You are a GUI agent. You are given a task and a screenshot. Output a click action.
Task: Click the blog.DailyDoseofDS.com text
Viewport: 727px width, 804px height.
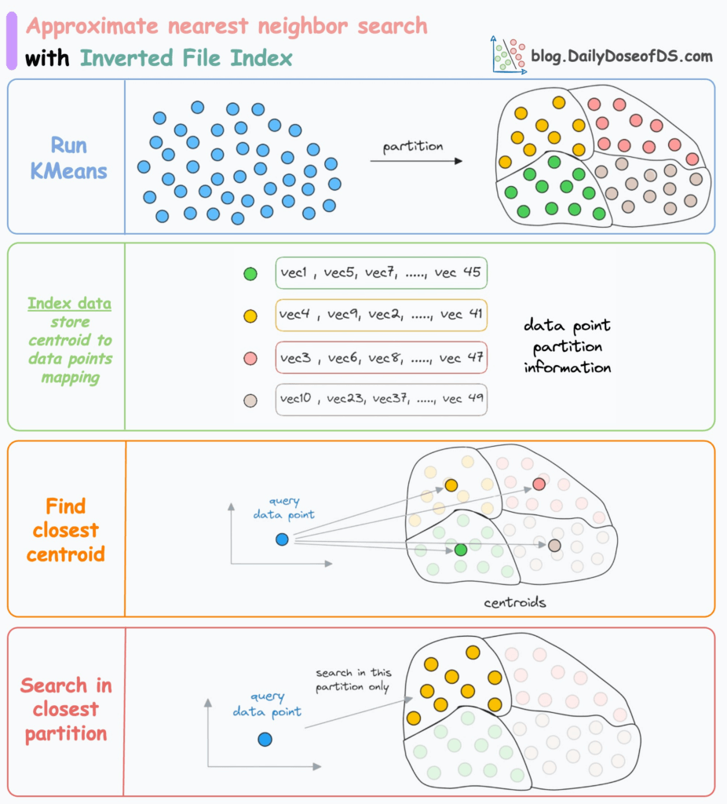(x=622, y=56)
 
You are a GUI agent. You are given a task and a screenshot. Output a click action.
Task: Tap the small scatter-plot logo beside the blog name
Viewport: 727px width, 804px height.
(x=507, y=54)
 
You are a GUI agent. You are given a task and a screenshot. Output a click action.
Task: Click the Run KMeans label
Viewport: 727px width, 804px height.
(x=68, y=157)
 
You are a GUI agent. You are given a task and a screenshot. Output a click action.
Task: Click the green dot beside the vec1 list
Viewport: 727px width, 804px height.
(x=250, y=274)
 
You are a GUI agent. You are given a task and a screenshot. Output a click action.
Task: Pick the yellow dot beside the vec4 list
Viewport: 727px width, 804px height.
(x=250, y=316)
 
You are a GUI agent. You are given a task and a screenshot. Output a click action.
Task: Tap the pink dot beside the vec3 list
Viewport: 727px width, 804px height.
(x=250, y=358)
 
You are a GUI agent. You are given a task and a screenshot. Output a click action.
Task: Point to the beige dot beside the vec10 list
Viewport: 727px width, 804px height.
(x=250, y=400)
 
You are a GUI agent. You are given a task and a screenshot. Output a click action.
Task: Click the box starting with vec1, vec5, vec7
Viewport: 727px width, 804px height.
(x=381, y=274)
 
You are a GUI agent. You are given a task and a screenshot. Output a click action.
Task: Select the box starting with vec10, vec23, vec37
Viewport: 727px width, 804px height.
(x=381, y=400)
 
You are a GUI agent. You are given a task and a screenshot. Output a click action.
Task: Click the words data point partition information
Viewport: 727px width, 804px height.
(x=567, y=345)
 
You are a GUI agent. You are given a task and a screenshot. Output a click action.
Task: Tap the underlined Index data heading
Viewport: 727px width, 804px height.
(x=69, y=303)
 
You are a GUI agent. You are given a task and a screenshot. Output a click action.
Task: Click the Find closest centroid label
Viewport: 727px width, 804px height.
(x=66, y=530)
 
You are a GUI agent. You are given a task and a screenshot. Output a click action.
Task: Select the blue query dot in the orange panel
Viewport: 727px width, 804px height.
(x=282, y=539)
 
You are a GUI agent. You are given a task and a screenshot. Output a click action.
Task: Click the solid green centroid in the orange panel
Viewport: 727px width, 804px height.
(x=461, y=550)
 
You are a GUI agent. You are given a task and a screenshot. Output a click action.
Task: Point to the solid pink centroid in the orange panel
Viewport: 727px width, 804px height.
(x=539, y=484)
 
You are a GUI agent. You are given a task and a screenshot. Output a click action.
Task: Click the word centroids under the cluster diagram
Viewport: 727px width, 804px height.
(x=515, y=603)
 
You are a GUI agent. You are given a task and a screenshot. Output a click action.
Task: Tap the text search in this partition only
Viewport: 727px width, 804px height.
(x=353, y=680)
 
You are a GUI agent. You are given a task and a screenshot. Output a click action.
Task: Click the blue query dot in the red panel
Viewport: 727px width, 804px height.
(x=265, y=739)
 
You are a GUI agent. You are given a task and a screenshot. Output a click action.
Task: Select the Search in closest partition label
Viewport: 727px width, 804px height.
(x=66, y=710)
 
